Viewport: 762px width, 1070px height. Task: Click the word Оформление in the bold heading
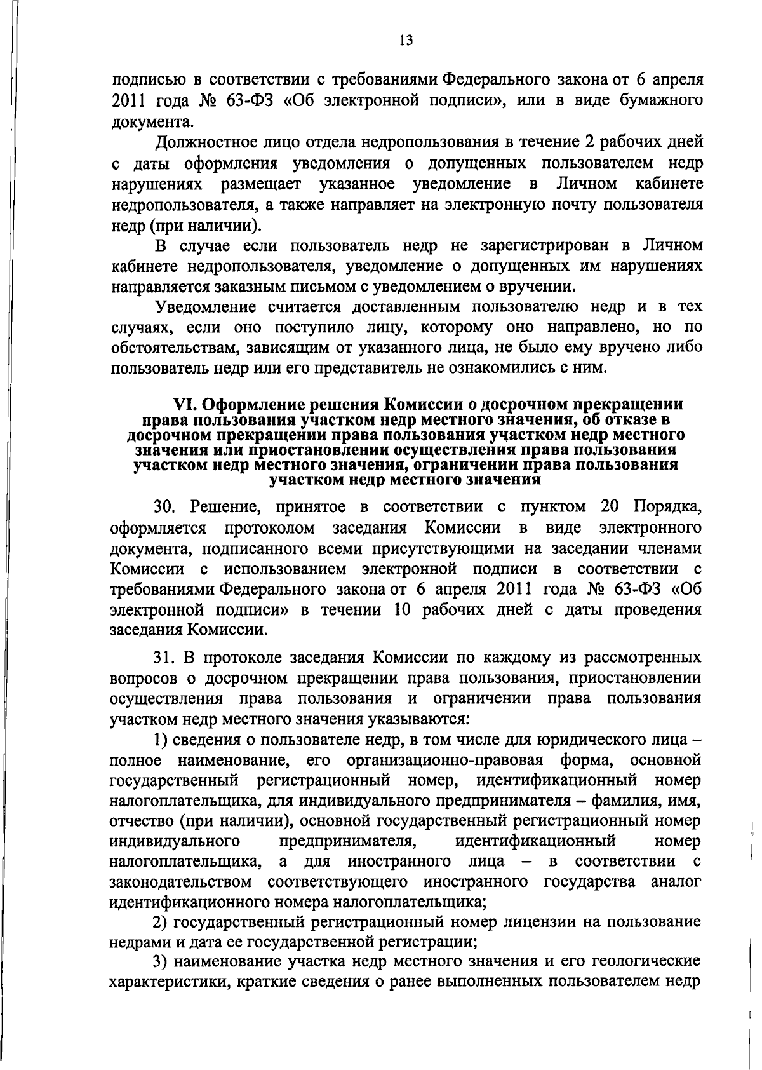pos(251,405)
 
